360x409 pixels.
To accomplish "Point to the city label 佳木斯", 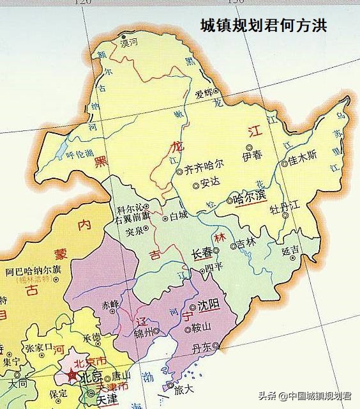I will point(303,157).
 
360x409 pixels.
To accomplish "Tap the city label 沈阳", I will point(209,305).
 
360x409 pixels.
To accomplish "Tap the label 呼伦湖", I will point(80,153).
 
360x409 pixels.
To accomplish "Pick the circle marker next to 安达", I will point(195,186).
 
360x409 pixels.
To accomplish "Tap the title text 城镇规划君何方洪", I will point(264,26).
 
